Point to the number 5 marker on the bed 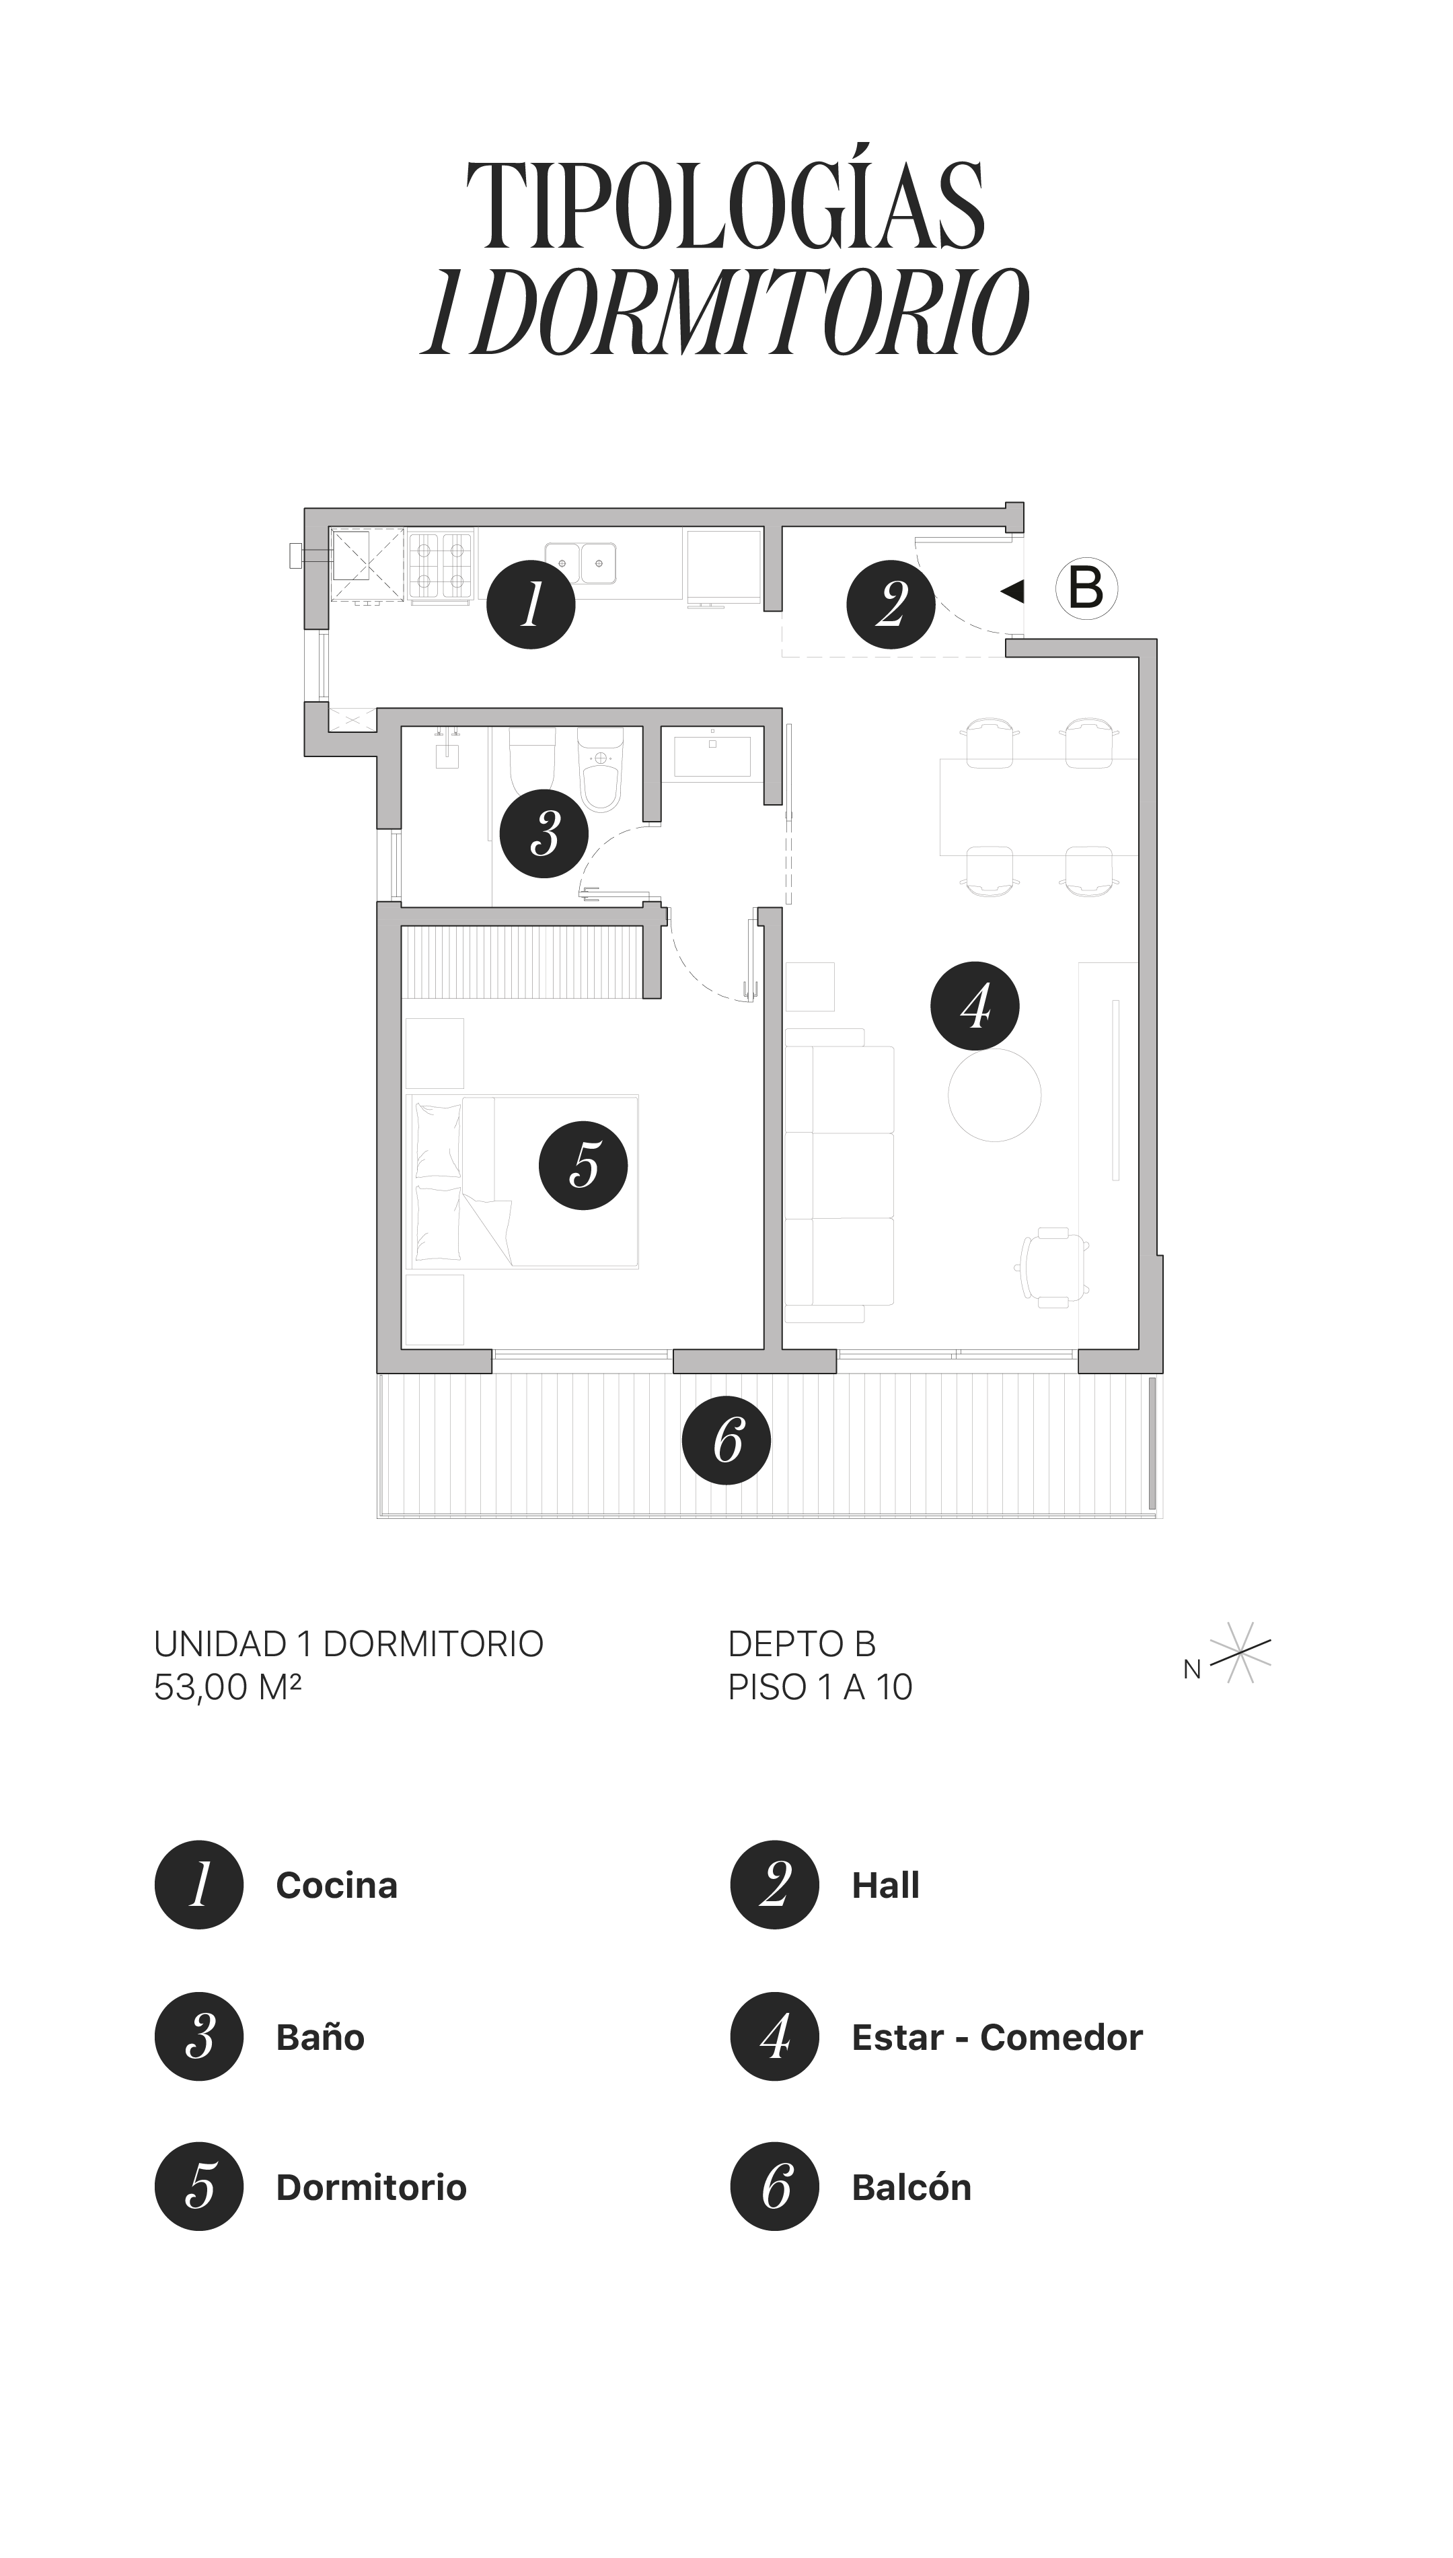[x=583, y=1165]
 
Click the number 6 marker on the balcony [x=726, y=1440]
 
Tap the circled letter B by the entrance [x=1086, y=589]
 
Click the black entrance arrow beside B [x=1013, y=591]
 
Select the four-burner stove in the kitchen [x=440, y=566]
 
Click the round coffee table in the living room [x=994, y=1095]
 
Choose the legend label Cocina [x=336, y=1885]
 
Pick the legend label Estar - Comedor [x=996, y=2037]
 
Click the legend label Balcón [x=911, y=2187]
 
